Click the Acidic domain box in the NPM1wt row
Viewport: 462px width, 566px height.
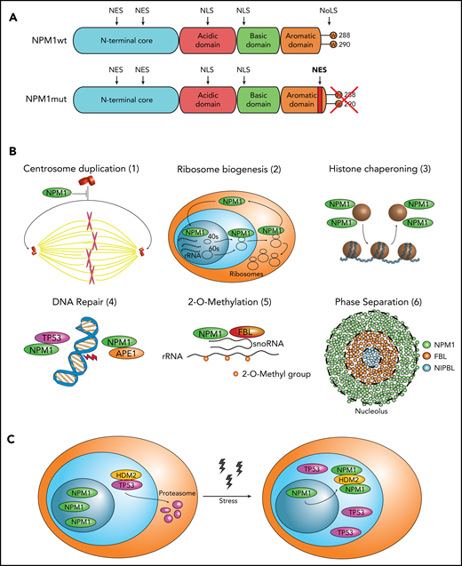click(206, 43)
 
